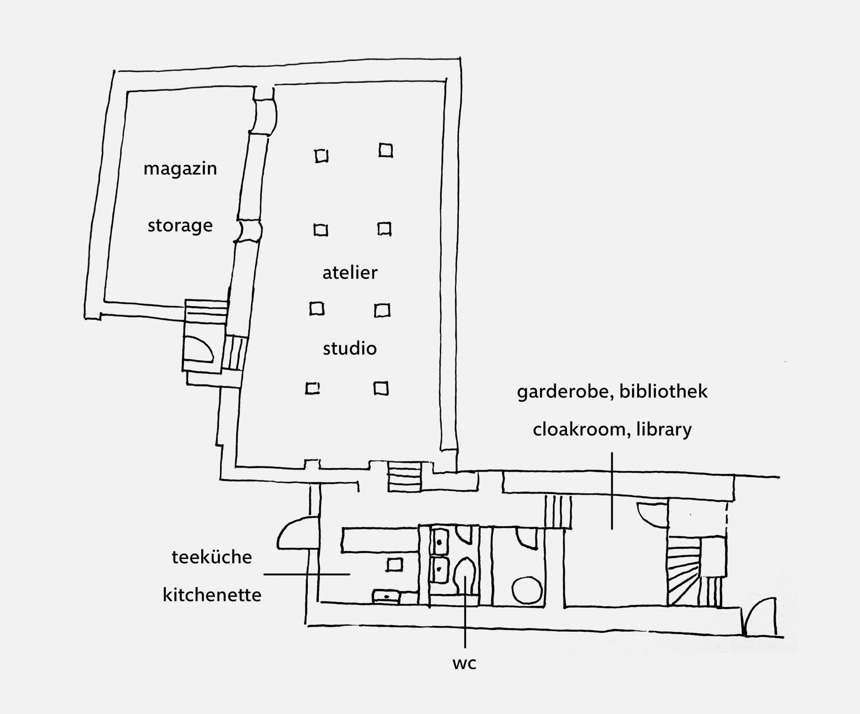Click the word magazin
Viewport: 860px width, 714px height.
click(180, 169)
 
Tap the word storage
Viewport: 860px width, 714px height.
click(180, 226)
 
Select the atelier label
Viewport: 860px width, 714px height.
click(350, 273)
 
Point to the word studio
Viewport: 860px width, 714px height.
click(350, 349)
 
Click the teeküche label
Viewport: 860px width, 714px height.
click(212, 558)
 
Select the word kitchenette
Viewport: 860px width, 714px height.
click(212, 595)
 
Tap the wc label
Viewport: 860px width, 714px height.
click(465, 664)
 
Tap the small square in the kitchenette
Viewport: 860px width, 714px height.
click(393, 565)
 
